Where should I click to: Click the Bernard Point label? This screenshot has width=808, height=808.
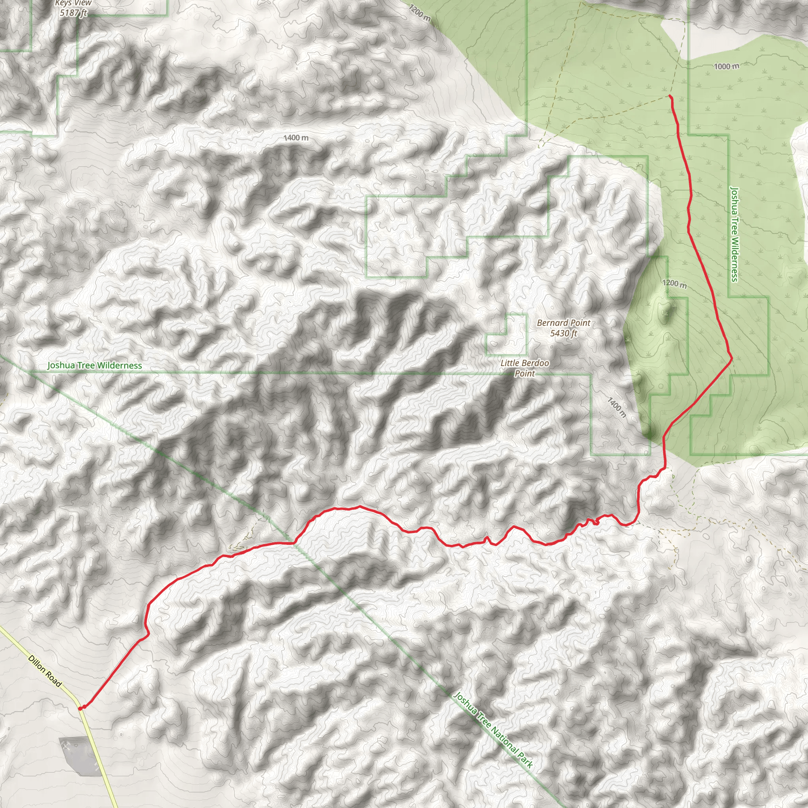pyautogui.click(x=563, y=323)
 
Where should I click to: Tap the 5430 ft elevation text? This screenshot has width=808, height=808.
pyautogui.click(x=563, y=333)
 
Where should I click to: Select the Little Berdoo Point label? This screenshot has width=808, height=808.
pyautogui.click(x=524, y=368)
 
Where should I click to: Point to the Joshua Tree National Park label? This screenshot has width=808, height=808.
pyautogui.click(x=493, y=730)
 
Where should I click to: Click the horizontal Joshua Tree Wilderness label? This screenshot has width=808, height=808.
pyautogui.click(x=95, y=365)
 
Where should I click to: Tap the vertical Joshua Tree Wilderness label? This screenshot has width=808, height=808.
pyautogui.click(x=734, y=234)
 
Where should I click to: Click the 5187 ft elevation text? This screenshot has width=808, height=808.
pyautogui.click(x=73, y=13)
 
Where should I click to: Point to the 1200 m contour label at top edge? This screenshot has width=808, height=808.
pyautogui.click(x=419, y=13)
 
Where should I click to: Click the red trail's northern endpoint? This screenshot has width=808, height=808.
pyautogui.click(x=670, y=96)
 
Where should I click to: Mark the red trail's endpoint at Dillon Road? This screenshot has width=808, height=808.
pyautogui.click(x=80, y=708)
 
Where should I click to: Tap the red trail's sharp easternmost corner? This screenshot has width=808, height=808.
pyautogui.click(x=731, y=358)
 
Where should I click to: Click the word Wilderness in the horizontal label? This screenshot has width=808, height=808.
pyautogui.click(x=120, y=365)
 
